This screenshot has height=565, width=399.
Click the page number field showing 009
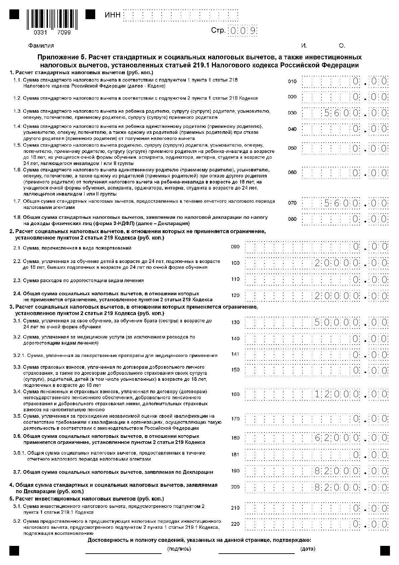242,31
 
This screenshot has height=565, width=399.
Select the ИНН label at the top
112,15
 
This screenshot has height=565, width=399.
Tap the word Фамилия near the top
41,46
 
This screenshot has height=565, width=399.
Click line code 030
292,113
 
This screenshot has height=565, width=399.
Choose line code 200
235,487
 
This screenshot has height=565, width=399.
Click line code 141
235,354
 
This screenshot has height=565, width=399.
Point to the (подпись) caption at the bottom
179,549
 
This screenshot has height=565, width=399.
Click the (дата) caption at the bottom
307,549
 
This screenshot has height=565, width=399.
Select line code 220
235,524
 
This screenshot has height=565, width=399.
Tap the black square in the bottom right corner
385,551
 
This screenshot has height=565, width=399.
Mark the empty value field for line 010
345,82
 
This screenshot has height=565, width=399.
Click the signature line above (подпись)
123,553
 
